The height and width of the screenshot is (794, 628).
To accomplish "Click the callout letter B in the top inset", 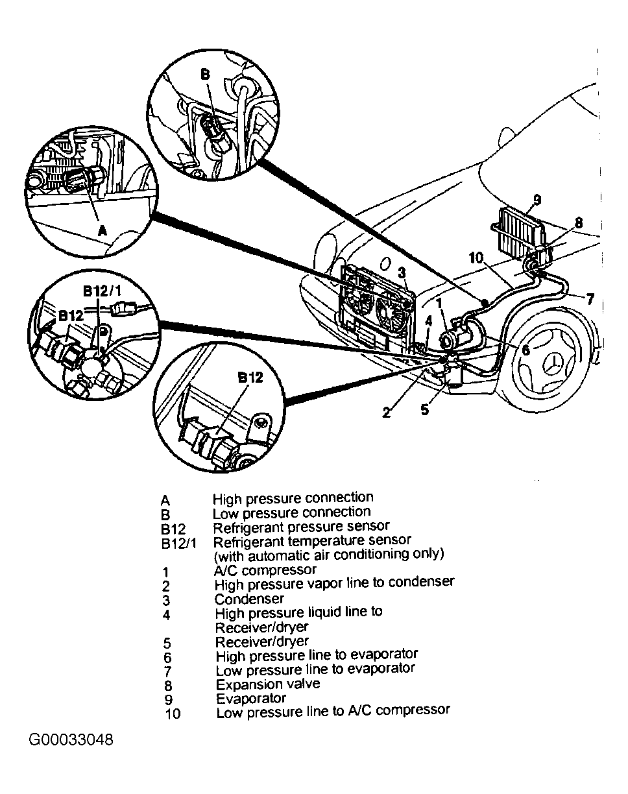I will pyautogui.click(x=205, y=75).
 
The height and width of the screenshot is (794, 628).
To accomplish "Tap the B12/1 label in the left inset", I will pyautogui.click(x=101, y=289).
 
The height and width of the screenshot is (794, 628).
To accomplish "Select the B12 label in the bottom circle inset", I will pyautogui.click(x=249, y=377).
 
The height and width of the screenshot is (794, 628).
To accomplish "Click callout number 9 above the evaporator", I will pyautogui.click(x=537, y=199).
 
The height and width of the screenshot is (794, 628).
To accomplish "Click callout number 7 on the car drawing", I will pyautogui.click(x=590, y=299).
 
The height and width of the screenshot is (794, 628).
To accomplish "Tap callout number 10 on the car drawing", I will pyautogui.click(x=476, y=258).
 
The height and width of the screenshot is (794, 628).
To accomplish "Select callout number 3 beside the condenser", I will pyautogui.click(x=402, y=273).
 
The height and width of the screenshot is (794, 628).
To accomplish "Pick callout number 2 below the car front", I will pyautogui.click(x=387, y=412).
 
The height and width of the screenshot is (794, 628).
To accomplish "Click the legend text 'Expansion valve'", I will pyautogui.click(x=267, y=684).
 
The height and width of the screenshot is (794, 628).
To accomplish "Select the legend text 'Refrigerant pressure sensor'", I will pyautogui.click(x=301, y=526).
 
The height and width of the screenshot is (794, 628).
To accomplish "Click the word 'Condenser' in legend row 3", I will pyautogui.click(x=249, y=598).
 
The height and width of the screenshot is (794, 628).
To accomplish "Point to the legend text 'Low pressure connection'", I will pyautogui.click(x=291, y=512).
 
